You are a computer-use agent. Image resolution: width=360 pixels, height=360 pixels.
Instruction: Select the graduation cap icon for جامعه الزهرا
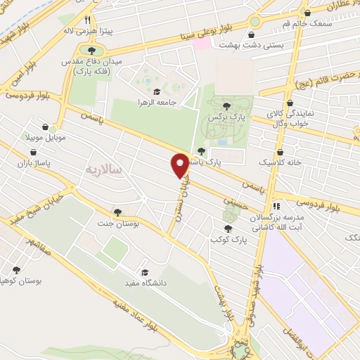coord(155,92)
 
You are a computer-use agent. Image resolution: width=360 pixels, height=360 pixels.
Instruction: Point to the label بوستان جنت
coord(117,223)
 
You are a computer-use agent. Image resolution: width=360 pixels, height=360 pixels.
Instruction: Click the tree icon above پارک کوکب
coord(227,229)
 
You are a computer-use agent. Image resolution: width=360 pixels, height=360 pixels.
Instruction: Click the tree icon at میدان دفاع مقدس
coord(90,50)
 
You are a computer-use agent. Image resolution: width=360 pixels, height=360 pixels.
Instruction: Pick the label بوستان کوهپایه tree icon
coord(15,269)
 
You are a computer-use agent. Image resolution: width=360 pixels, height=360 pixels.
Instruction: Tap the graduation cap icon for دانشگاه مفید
coord(145,272)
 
